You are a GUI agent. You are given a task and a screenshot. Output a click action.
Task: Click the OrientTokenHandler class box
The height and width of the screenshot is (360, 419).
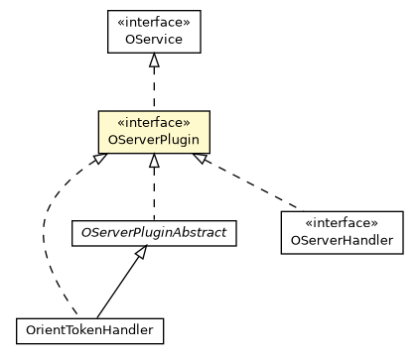pyautogui.click(x=89, y=328)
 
